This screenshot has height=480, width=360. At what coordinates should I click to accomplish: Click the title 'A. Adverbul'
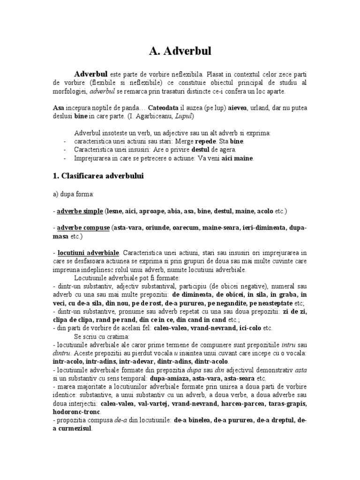pyautogui.click(x=180, y=51)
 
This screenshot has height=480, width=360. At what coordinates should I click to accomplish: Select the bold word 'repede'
pyautogui.click(x=216, y=141)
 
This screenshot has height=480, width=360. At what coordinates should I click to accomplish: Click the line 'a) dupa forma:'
pyautogui.click(x=73, y=194)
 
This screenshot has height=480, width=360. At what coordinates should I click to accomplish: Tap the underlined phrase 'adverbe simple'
pyautogui.click(x=79, y=211)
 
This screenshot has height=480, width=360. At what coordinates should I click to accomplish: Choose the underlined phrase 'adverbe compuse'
pyautogui.click(x=83, y=228)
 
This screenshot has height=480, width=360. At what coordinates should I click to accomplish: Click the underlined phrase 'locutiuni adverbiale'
pyautogui.click(x=88, y=254)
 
